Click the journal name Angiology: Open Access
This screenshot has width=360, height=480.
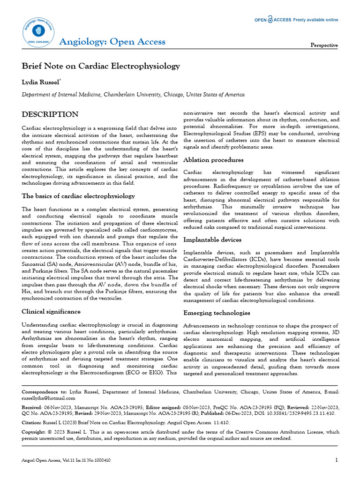[x=112, y=42]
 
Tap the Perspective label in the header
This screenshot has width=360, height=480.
[x=324, y=45]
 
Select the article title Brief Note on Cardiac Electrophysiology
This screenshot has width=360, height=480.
[x=101, y=66]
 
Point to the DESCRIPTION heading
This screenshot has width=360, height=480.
[x=50, y=114]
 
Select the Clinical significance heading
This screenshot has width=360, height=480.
[x=51, y=311]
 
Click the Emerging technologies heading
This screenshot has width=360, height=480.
[x=217, y=313]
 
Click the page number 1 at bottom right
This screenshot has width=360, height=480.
[x=336, y=460]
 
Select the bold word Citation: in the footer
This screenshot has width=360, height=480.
[x=32, y=423]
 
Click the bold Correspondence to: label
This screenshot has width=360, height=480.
[x=44, y=390]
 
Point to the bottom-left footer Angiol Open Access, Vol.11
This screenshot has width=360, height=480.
[x=66, y=461]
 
